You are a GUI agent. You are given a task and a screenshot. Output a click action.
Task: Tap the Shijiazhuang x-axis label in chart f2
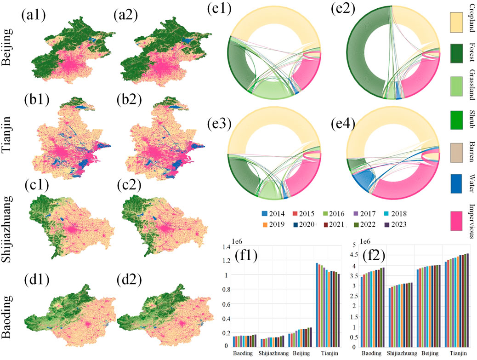tap(398, 354)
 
